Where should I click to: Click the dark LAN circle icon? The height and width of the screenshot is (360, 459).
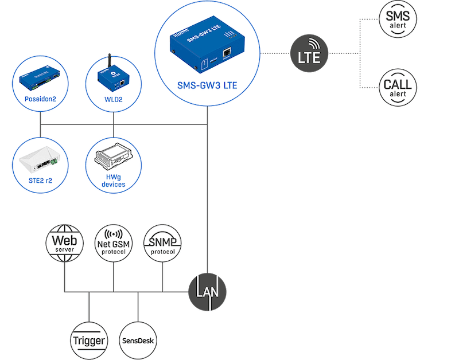click(208, 292)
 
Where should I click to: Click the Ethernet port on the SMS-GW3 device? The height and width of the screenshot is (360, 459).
click(227, 53)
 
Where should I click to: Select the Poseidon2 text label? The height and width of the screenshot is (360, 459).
click(40, 99)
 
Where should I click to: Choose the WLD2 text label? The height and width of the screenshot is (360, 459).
click(113, 99)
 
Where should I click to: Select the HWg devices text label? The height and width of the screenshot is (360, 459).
click(113, 181)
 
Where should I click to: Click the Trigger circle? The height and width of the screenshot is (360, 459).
click(89, 341)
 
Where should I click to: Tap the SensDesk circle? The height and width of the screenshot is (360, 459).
click(138, 341)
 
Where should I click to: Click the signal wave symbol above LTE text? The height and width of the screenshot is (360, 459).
click(313, 45)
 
